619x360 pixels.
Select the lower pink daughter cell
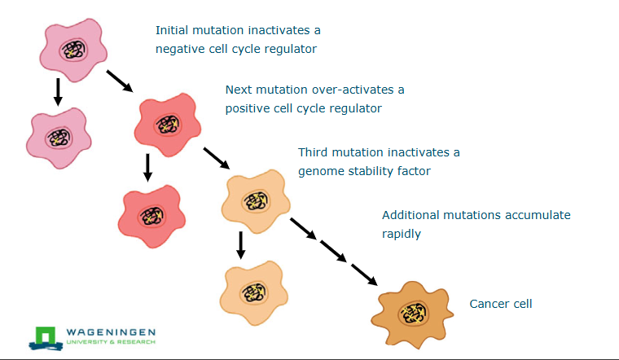coord(58,135)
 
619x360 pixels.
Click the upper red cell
coord(169,123)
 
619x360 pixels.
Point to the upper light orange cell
coord(254,200)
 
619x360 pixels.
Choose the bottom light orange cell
coord(252,290)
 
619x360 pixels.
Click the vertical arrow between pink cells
coord(57,91)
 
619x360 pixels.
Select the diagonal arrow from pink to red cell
coord(118,80)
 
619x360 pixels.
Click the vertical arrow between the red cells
coord(147,166)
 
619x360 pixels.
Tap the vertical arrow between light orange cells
coord(241,244)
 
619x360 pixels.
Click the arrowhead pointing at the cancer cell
coord(371,280)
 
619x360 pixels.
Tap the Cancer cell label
coord(500,304)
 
